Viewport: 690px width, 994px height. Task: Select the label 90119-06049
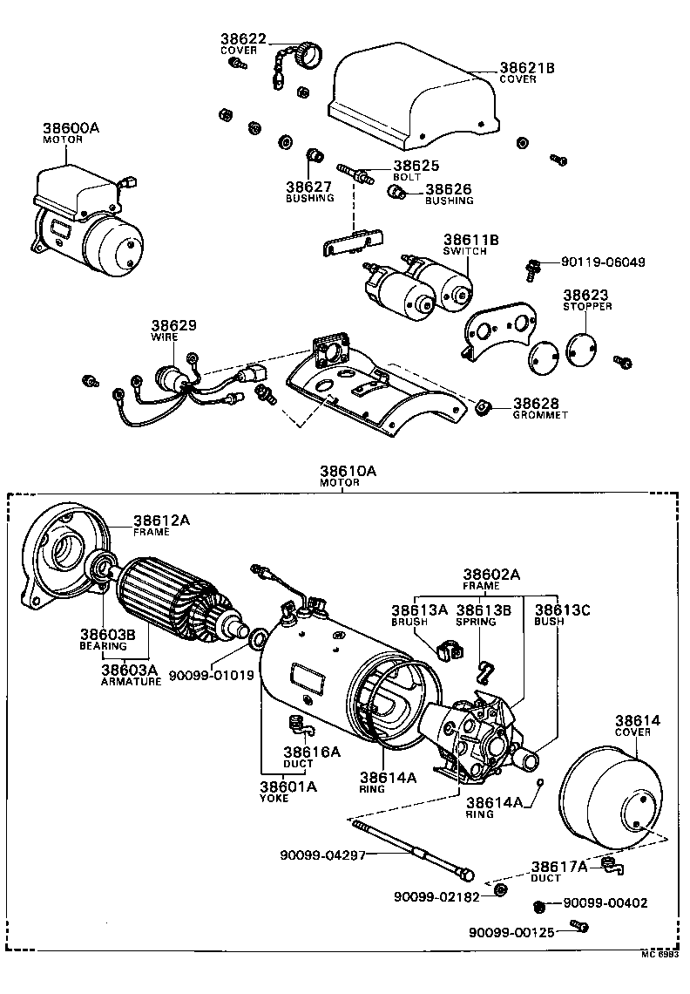tap(604, 262)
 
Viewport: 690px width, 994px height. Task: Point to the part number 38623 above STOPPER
tap(585, 296)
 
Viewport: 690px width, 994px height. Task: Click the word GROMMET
tap(539, 415)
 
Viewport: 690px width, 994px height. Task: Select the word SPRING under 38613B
tap(476, 622)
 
